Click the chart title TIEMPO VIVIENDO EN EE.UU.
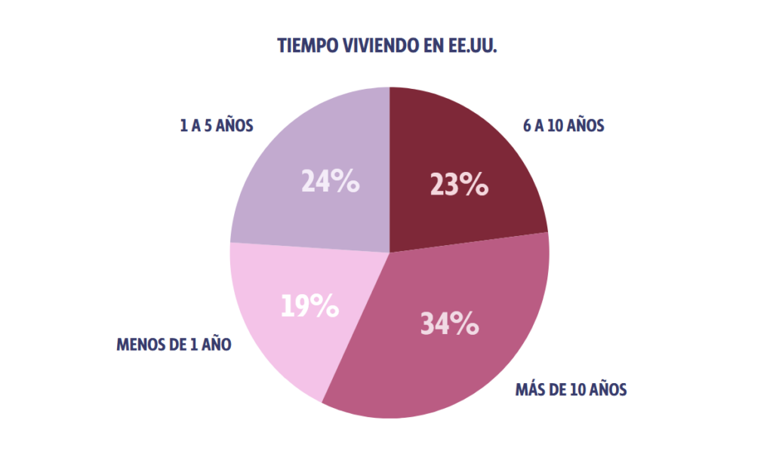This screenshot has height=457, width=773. (386, 45)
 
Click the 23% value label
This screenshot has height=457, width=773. (459, 184)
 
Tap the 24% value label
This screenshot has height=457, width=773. (330, 182)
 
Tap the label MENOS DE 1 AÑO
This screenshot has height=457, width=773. (174, 345)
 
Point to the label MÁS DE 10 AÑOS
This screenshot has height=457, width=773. (571, 391)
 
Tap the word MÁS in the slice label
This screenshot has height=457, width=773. (528, 391)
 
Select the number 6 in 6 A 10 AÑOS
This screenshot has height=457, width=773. (526, 126)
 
